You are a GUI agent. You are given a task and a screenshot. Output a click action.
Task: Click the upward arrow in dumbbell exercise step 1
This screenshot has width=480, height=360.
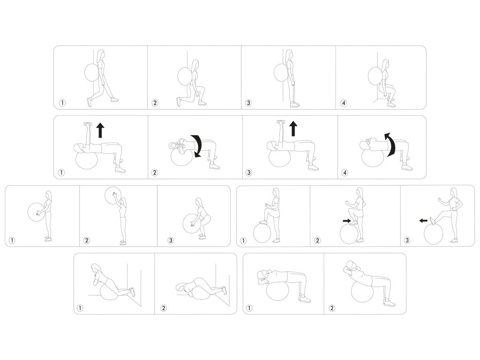100,130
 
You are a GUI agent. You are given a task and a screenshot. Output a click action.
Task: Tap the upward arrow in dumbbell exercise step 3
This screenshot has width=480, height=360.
293,128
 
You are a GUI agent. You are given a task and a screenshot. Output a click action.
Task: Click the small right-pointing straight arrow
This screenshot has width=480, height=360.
347,220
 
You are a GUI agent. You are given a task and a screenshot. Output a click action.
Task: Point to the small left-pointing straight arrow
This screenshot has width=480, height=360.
423,220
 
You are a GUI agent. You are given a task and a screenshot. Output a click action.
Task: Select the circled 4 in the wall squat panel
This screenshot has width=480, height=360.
344,103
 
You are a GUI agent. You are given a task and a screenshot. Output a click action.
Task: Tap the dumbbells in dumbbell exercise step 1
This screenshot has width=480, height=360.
88,124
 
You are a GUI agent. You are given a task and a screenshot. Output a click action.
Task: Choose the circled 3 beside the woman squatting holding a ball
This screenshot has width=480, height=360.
171,240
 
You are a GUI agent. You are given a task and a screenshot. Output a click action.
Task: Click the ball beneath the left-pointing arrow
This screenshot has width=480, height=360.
433,234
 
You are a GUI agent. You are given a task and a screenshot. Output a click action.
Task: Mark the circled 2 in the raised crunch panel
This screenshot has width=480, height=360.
331,308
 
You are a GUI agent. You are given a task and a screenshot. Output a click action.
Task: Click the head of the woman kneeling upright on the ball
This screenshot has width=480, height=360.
96,268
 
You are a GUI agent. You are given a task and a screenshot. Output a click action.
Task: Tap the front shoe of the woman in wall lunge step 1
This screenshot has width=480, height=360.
113,99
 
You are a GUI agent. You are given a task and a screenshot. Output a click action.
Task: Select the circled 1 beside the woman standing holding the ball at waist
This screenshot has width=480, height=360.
12,240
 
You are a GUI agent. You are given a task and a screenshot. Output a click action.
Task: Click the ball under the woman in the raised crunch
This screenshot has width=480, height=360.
362,292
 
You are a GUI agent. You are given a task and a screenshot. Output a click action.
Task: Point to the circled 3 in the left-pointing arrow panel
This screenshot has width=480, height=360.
407,240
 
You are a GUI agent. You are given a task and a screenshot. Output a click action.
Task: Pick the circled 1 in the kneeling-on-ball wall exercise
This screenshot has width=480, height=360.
80,308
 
